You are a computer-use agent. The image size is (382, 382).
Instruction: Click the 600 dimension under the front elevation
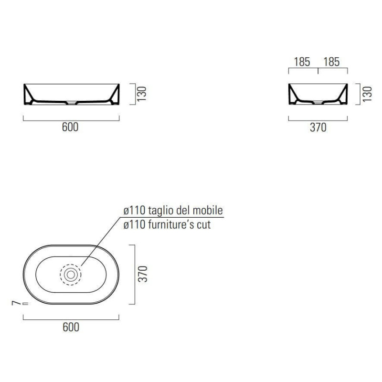[70, 127]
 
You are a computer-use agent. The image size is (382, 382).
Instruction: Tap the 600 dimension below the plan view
[71, 327]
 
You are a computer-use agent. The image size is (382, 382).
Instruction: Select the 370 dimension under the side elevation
[318, 127]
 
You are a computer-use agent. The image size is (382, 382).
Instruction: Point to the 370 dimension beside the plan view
[143, 274]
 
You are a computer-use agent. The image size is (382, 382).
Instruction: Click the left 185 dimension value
[302, 62]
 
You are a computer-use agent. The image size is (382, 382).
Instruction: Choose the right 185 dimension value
[331, 62]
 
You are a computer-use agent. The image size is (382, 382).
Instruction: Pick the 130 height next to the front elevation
[141, 94]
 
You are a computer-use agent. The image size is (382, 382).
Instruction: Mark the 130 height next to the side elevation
[367, 94]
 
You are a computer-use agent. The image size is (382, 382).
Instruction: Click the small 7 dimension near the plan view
[16, 303]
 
